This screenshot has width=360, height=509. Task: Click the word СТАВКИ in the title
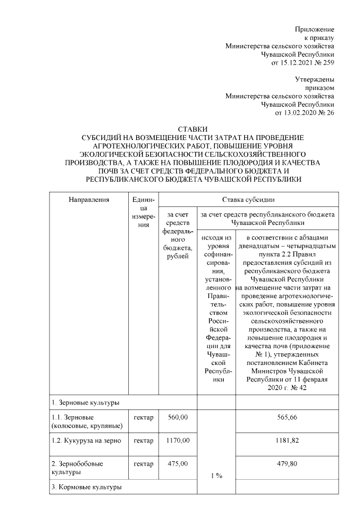pyautogui.click(x=192, y=129)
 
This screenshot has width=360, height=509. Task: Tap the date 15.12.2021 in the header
pyautogui.click(x=304, y=62)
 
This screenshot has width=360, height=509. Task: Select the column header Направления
pyautogui.click(x=88, y=199)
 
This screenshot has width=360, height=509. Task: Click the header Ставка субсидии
pyautogui.click(x=248, y=199)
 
